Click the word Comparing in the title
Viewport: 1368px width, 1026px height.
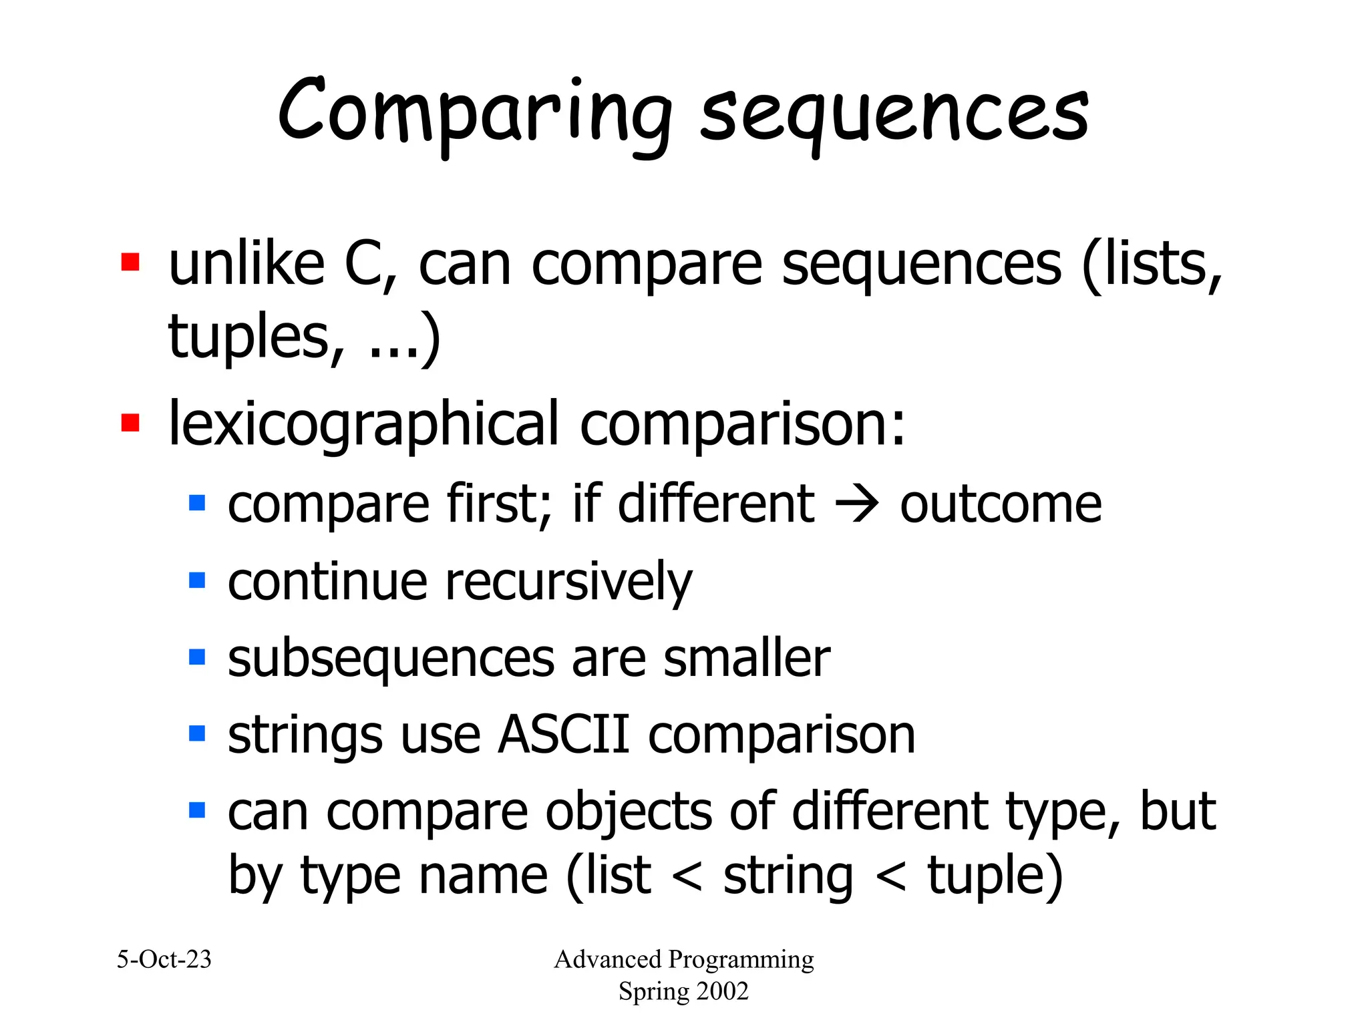474,114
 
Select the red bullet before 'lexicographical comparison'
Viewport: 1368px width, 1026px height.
130,423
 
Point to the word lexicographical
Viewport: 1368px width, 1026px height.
363,425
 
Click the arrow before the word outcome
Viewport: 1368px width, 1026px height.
857,505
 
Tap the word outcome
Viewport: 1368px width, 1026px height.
1001,504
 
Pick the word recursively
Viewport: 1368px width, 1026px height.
568,582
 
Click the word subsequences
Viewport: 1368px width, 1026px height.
391,660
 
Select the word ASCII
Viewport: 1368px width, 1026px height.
564,735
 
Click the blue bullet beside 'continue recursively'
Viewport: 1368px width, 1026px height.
197,579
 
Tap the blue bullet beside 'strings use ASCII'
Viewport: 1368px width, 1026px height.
197,733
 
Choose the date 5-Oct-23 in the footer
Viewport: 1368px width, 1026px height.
164,959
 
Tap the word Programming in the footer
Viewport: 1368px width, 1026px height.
741,959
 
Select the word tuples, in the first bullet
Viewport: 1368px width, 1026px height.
256,337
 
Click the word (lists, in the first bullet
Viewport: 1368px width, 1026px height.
1152,265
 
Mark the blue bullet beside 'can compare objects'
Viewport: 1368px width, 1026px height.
197,810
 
